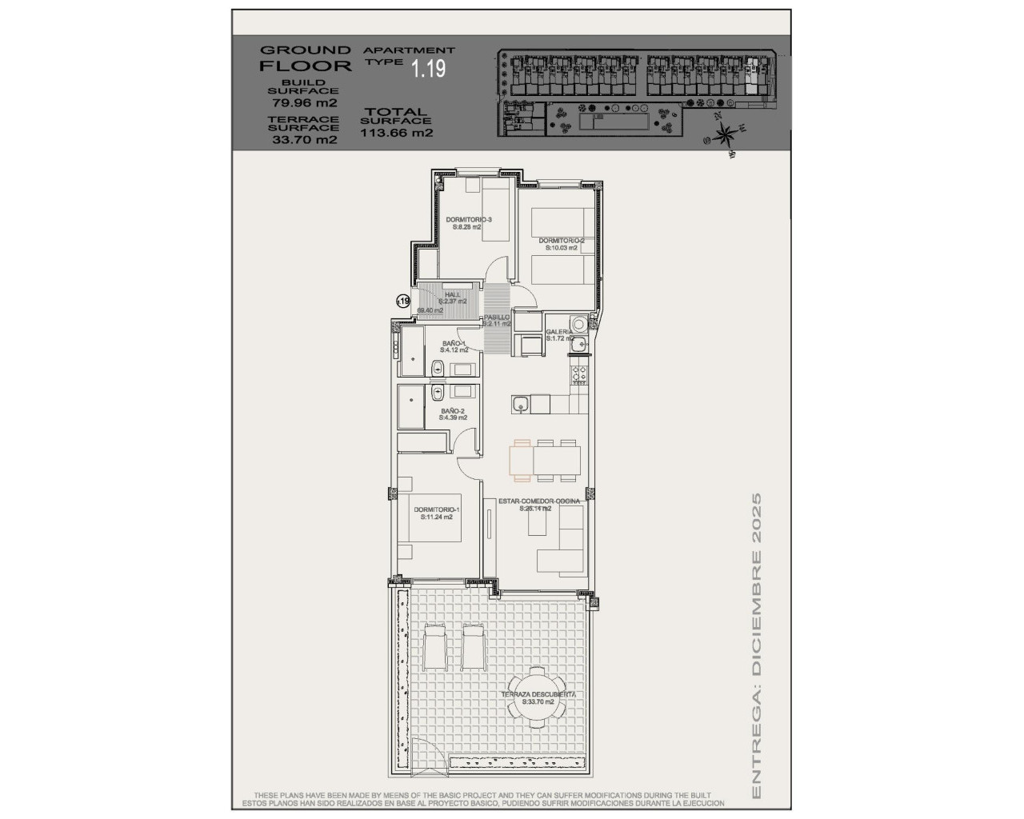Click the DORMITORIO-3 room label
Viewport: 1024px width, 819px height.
[468, 220]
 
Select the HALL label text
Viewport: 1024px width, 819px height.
[453, 294]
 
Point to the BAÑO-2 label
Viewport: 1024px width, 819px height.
[452, 411]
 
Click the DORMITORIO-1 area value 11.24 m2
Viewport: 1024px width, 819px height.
[437, 517]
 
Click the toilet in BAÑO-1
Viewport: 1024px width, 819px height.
[438, 368]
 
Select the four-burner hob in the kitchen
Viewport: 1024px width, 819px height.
[579, 373]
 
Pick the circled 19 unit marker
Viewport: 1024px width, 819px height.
[403, 302]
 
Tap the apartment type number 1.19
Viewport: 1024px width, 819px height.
[429, 70]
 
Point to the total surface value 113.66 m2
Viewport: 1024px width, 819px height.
[397, 134]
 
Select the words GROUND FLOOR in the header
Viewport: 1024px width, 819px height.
[305, 58]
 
